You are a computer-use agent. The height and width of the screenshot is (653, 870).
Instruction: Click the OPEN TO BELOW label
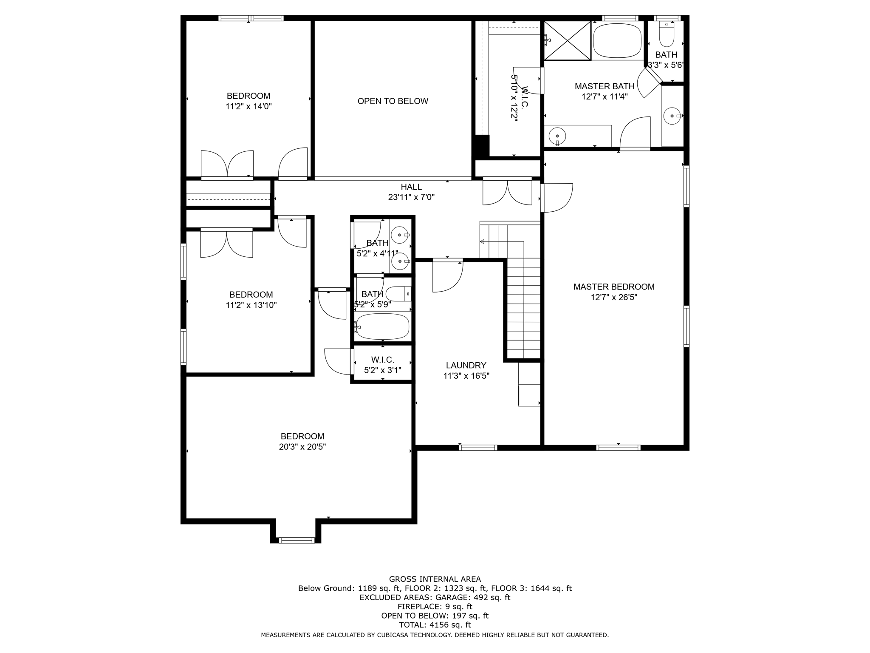point(393,101)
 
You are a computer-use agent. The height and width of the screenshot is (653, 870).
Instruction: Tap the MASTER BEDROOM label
point(614,287)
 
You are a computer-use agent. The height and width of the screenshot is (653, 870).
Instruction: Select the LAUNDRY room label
point(466,365)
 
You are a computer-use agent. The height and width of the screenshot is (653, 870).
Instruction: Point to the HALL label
point(411,187)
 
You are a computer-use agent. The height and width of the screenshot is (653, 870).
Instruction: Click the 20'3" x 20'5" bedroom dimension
point(302,447)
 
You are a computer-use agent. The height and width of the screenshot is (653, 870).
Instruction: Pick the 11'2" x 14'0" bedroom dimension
point(249,106)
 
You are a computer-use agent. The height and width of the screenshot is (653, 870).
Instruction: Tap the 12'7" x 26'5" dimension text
point(614,298)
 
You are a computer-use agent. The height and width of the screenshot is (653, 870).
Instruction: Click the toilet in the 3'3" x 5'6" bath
point(667,34)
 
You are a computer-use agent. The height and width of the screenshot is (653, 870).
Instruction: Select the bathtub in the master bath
point(618,40)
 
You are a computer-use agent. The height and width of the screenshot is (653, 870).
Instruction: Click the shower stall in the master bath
point(568,40)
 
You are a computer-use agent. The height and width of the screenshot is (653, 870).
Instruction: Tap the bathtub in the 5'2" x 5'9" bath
point(382,326)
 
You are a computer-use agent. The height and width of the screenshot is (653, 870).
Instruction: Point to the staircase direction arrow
point(502,242)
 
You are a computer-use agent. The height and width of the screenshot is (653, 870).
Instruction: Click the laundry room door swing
point(448,276)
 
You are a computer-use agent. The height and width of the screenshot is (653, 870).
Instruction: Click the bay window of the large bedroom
point(297,540)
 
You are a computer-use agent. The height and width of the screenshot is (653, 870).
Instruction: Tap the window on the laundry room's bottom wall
point(478,447)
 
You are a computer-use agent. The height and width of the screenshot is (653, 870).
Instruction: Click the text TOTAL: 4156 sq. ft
point(435,625)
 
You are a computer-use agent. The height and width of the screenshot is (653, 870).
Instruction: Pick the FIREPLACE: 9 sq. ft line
point(435,607)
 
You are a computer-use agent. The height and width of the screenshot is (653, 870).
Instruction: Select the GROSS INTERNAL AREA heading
point(435,579)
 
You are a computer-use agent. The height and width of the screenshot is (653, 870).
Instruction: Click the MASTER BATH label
point(604,86)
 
